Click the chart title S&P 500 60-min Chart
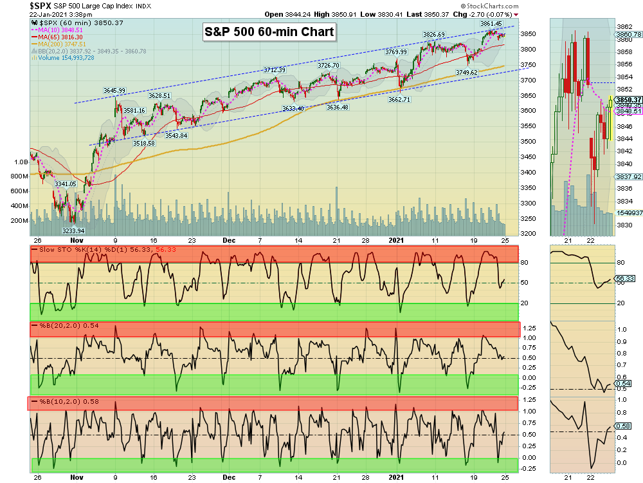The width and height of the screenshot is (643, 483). click(x=269, y=32)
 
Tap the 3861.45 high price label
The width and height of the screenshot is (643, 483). click(x=491, y=24)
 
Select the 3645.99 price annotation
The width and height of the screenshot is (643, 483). click(x=114, y=90)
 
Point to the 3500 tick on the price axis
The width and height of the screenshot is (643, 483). click(x=528, y=142)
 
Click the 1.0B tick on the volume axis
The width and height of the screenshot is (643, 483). click(x=19, y=162)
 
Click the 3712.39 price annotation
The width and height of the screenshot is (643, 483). click(x=275, y=70)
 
